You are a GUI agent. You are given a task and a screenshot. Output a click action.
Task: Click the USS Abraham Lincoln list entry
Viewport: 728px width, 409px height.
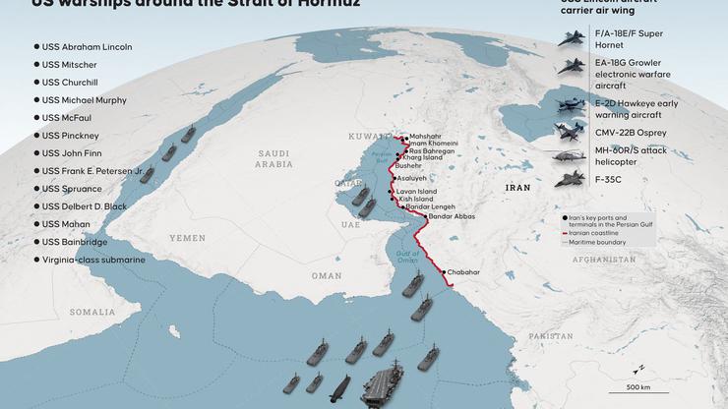coord(87,46)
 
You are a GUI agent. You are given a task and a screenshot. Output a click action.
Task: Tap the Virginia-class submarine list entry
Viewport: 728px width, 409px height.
coord(93,260)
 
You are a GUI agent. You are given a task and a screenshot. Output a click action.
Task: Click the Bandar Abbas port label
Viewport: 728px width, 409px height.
coord(452,215)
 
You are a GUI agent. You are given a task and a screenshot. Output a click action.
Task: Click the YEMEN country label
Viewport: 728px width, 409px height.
coord(188,237)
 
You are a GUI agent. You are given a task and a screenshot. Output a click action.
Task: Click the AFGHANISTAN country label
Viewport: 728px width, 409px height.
coord(607,260)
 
